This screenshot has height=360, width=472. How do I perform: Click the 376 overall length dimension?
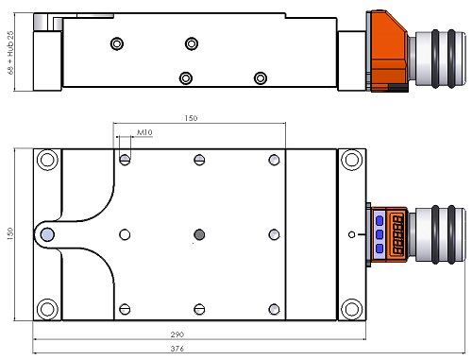[x=177, y=349]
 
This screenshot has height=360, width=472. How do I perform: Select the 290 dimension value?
[x=177, y=334]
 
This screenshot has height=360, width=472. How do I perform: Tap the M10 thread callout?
[x=144, y=132]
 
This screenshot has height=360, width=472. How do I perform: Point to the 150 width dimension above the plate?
[x=191, y=118]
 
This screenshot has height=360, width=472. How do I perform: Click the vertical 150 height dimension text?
[x=9, y=233]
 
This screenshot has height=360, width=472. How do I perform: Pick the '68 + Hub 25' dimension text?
[x=10, y=53]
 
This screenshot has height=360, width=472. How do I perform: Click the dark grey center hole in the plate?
[x=199, y=234]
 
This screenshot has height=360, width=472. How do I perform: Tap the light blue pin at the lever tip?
[x=47, y=234]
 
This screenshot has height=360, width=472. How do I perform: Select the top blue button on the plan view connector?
[x=379, y=220]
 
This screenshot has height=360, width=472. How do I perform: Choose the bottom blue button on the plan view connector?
[x=379, y=249]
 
